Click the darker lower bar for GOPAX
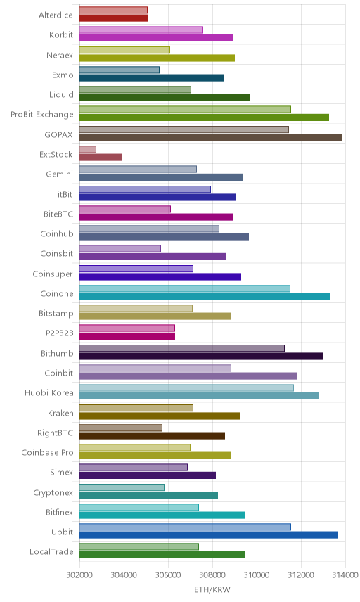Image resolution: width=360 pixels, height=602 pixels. tap(210, 137)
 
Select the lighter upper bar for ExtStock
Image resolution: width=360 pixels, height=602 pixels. tap(88, 149)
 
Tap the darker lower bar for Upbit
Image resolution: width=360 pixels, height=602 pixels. tap(209, 534)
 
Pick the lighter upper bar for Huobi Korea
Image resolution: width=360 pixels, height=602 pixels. tap(186, 388)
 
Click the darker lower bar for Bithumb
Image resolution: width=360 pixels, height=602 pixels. tap(202, 357)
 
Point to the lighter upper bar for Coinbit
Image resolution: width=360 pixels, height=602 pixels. tap(155, 368)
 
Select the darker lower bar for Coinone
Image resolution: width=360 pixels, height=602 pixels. tap(205, 296)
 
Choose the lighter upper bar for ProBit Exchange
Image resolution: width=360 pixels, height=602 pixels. tap(185, 110)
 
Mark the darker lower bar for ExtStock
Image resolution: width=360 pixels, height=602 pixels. tap(101, 158)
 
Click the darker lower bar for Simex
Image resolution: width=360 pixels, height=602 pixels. tap(148, 475)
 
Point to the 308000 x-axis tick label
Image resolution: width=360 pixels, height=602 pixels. tap(212, 575)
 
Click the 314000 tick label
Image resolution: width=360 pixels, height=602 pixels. tap(345, 575)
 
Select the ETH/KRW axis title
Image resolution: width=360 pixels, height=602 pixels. tap(212, 590)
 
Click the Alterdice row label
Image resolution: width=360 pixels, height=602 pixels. tap(56, 15)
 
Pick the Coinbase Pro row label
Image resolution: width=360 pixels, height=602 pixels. tap(47, 453)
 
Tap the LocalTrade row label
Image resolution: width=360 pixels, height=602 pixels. tap(51, 551)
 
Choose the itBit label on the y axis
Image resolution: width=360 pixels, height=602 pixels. tap(65, 194)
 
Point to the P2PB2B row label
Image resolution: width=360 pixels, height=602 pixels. tap(60, 333)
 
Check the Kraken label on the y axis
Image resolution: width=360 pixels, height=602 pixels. tap(60, 413)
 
